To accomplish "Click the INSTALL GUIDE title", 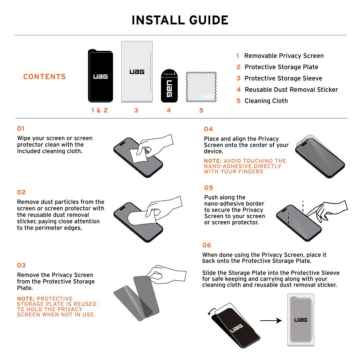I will coord(180,20).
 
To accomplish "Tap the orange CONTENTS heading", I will coord(44,77).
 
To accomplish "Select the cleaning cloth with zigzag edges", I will coord(201,87).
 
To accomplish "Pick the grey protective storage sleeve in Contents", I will coord(137,72).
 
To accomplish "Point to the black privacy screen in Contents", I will coord(100,76).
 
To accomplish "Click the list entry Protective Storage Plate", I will coord(281,67).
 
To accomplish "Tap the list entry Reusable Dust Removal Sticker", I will coord(291,90).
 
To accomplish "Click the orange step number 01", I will coord(21,129).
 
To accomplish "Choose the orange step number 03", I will coord(21,265).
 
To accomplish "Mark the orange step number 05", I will coord(208,188).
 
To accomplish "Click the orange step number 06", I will coord(207,245).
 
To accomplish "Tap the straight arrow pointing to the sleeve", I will coord(271,321).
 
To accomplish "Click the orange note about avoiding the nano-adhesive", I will coord(245,166).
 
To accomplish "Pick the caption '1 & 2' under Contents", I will coord(99,110).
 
